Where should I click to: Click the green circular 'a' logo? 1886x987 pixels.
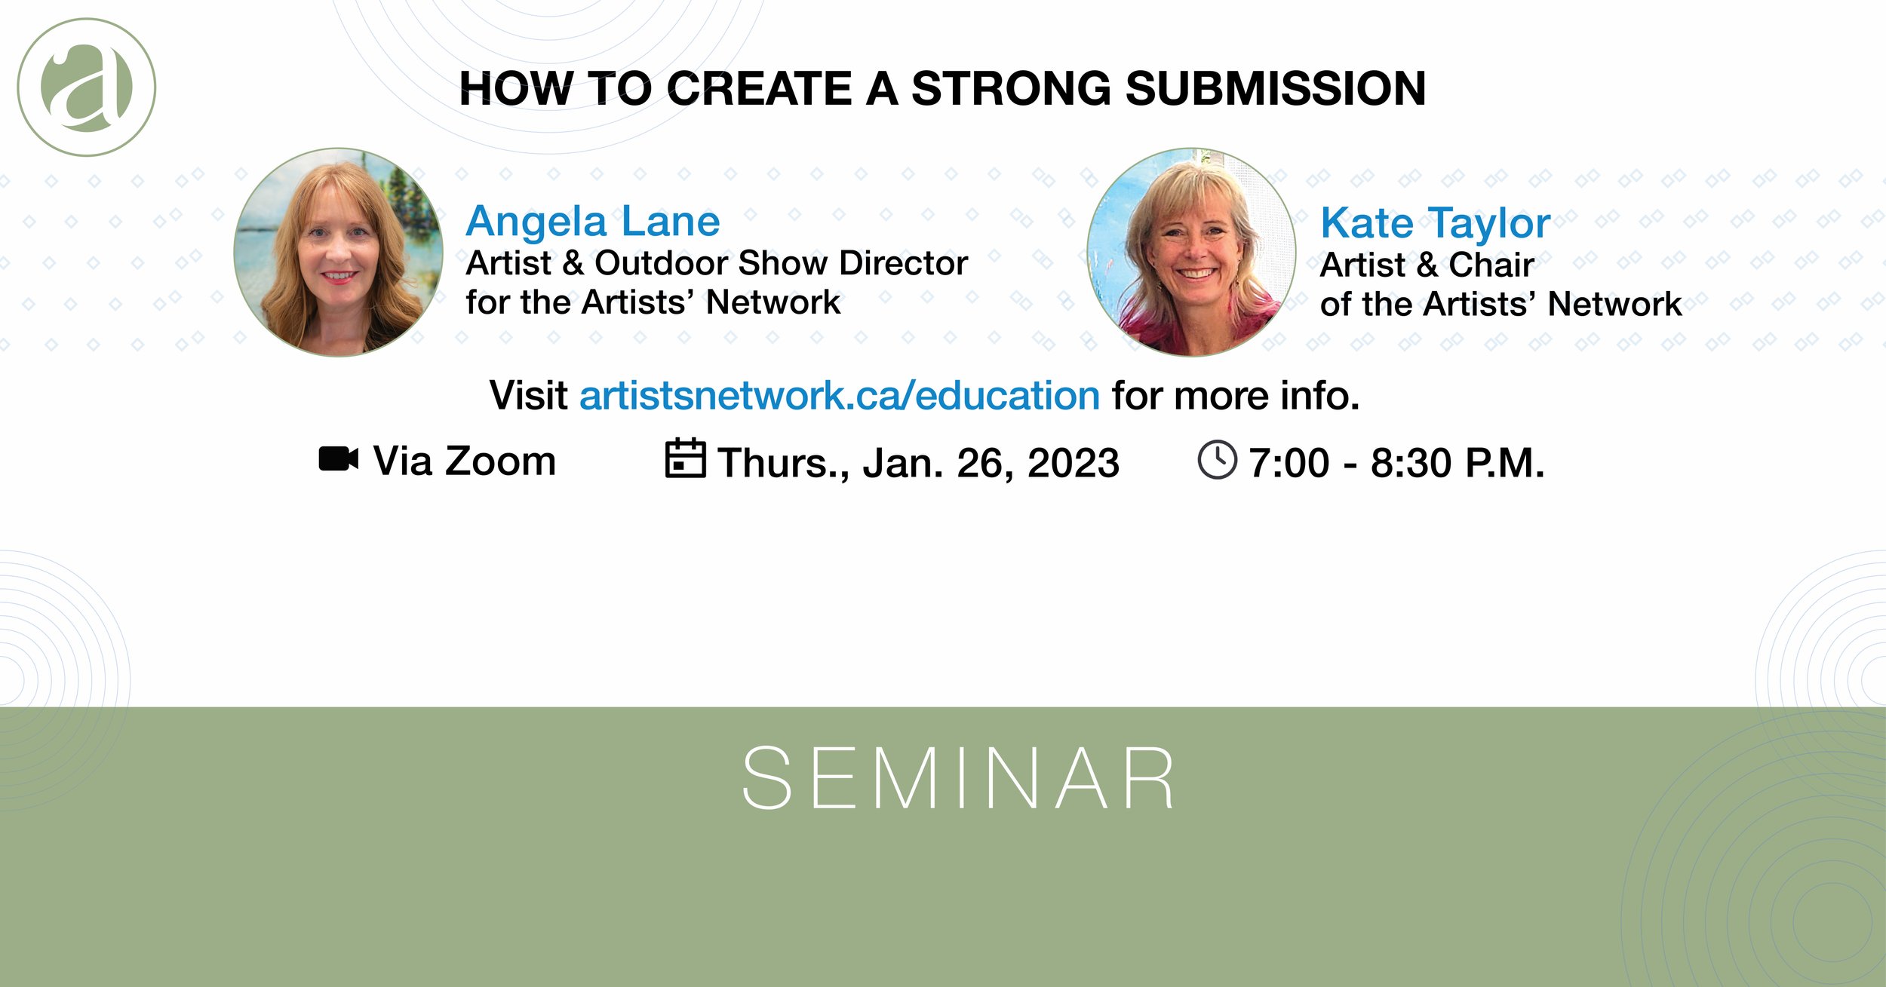tap(86, 87)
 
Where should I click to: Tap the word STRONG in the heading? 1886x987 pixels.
tap(1011, 88)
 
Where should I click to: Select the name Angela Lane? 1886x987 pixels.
tap(593, 222)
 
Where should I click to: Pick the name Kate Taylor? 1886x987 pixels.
tap(1435, 223)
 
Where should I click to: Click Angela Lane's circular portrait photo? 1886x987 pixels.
tap(339, 252)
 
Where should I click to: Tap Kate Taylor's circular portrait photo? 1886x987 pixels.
tap(1191, 252)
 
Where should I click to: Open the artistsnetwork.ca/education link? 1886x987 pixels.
tap(839, 396)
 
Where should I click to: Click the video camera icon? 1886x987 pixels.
tap(338, 459)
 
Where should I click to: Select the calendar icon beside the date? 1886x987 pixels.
tap(685, 458)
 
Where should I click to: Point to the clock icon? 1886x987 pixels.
tap(1217, 460)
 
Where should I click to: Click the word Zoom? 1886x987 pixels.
tap(500, 461)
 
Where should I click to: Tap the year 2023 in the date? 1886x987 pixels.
tap(1073, 463)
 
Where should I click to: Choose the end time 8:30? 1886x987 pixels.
tap(1410, 463)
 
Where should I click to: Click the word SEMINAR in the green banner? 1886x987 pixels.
tap(958, 779)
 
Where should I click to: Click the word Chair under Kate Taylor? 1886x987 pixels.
tap(1491, 265)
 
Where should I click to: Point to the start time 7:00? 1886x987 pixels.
tap(1289, 463)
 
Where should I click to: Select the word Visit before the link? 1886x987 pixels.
tap(528, 396)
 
